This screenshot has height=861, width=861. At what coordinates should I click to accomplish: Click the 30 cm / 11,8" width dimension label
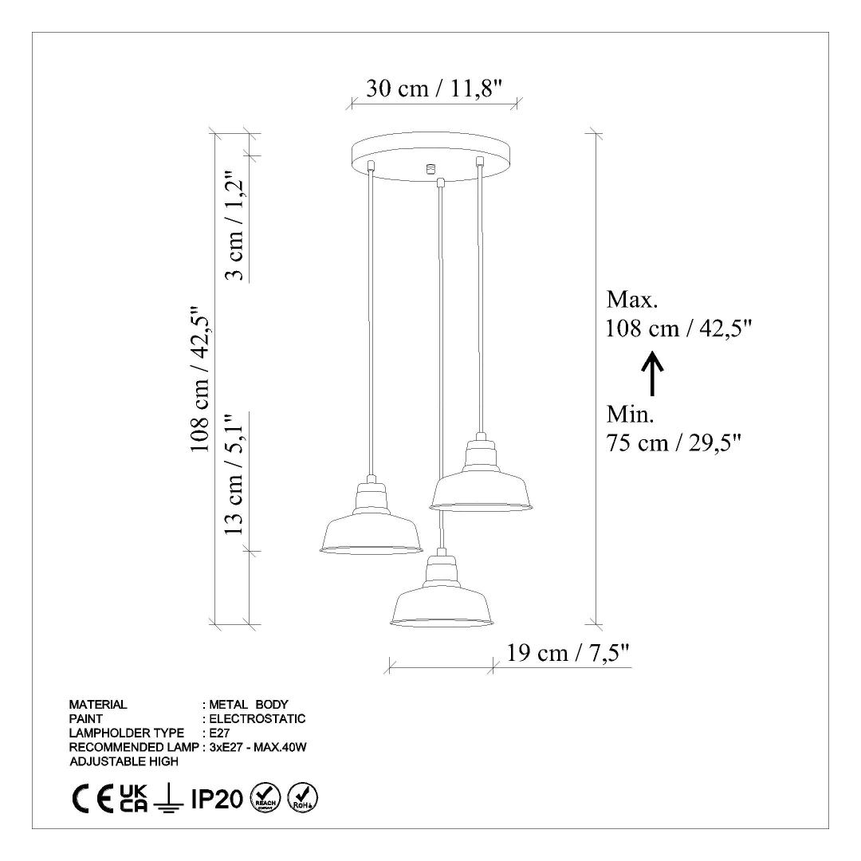tap(434, 88)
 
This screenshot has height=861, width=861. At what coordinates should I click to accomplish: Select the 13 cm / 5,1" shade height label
tap(234, 474)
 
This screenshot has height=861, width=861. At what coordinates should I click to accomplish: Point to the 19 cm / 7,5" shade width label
tap(568, 653)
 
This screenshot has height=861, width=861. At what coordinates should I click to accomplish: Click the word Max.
tap(632, 299)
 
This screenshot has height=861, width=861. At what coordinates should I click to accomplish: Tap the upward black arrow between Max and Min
tap(652, 374)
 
